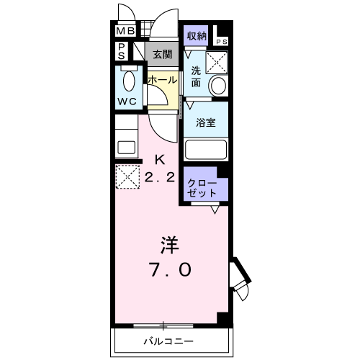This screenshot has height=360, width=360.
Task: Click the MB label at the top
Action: pos(125,31)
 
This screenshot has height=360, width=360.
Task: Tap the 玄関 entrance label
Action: pos(161,54)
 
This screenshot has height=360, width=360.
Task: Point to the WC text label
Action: pos(128,101)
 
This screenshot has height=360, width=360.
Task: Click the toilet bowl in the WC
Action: pos(130,80)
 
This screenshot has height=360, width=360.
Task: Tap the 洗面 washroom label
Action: pos(197,77)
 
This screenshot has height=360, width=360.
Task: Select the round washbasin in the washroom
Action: pos(217,85)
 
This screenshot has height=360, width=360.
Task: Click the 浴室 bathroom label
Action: pos(207,122)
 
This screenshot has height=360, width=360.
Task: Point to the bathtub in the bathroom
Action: pos(206,149)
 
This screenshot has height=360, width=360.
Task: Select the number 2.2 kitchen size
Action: pos(160,179)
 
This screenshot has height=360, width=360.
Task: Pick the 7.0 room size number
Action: pos(171,270)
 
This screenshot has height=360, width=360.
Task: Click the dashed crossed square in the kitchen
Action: pos(127,176)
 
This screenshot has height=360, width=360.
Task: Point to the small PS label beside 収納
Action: pos(222,41)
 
